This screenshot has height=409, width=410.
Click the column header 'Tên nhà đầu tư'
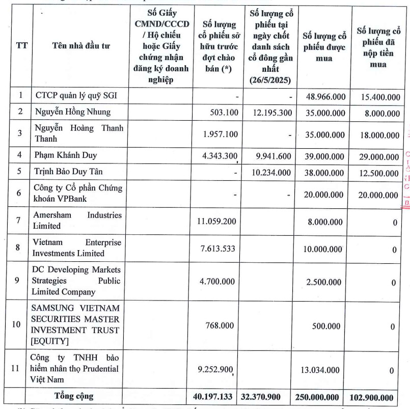tap(80, 46)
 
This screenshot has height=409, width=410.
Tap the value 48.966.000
tap(324, 96)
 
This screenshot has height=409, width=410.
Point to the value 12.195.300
tap(272, 112)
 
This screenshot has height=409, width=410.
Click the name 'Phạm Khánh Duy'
tap(66, 155)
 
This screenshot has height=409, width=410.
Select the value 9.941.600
tap(272, 155)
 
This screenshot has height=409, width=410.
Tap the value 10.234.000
tap(272, 172)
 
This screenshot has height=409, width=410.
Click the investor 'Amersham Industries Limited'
tap(77, 220)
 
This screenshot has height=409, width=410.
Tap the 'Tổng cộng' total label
tap(74, 396)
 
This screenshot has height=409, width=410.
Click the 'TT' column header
tap(21, 45)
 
